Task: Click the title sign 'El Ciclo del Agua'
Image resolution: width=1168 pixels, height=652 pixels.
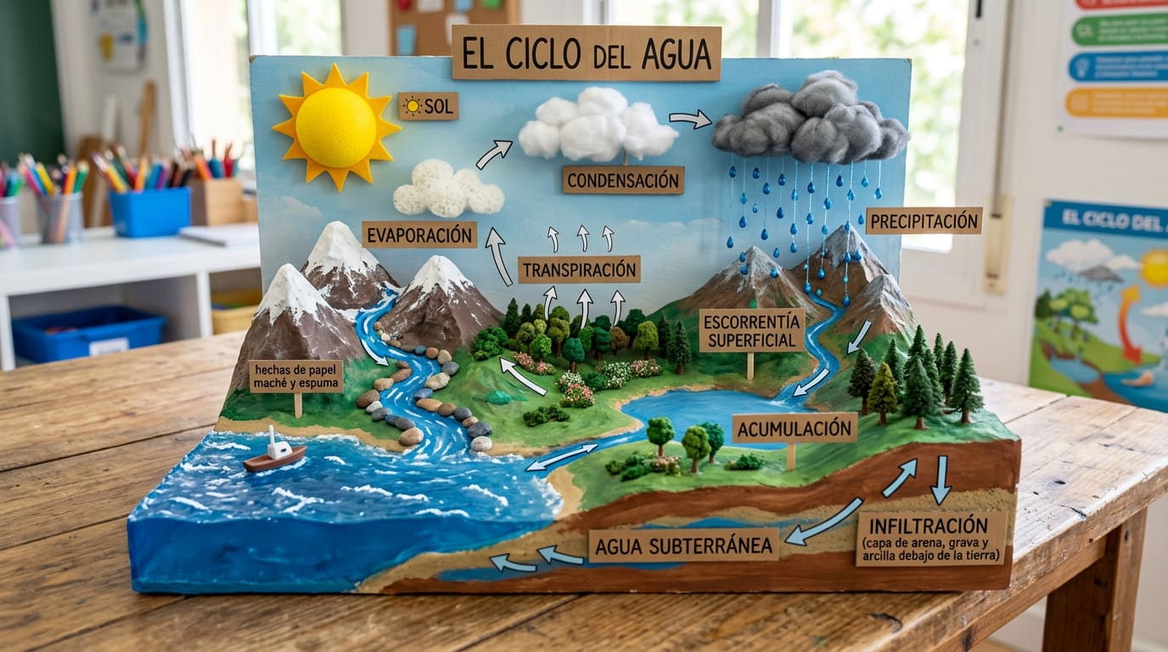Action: point(586,53)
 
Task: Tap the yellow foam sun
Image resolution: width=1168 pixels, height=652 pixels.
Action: point(336,127)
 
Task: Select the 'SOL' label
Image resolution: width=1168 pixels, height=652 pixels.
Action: point(429,106)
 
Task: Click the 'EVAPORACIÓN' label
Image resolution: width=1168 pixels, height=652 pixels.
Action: point(419,234)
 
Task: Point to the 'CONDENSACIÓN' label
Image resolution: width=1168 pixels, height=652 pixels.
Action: point(623,179)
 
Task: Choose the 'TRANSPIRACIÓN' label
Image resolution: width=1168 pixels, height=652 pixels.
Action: point(579,270)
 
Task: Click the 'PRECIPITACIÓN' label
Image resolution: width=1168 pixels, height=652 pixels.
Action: point(924,221)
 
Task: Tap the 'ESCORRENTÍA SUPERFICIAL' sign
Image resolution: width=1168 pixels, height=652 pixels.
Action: point(751,330)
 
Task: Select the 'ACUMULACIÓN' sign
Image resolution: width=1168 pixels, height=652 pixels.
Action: point(794,428)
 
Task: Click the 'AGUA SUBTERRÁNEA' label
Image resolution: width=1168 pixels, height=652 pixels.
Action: point(683,545)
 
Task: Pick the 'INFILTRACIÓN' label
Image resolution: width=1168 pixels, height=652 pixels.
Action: point(930,537)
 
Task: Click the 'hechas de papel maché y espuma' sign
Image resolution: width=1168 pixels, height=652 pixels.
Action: point(296,376)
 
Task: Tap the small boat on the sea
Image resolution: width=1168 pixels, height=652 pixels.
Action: point(274,454)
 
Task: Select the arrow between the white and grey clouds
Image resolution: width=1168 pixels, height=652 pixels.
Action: point(691,120)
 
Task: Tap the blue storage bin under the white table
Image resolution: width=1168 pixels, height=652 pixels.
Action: point(88,333)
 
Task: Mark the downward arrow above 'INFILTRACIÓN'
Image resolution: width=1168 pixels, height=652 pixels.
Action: point(940,480)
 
